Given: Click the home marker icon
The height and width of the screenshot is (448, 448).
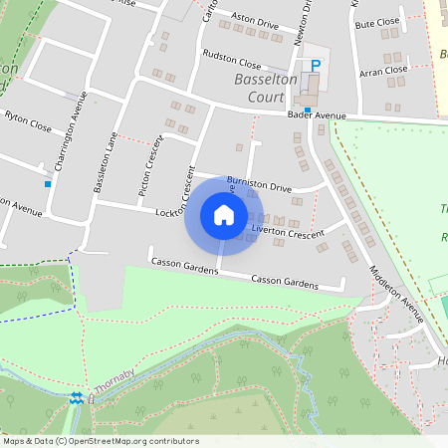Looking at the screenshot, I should (223, 215).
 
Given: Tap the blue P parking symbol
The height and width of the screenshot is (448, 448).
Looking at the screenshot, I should (316, 66).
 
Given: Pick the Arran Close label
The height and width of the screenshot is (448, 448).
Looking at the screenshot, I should (383, 70).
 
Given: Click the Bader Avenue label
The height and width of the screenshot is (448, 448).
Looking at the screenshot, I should (317, 115).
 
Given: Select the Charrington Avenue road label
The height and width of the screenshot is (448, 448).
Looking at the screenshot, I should (70, 130).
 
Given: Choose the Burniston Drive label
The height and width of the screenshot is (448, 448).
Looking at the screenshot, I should (259, 184).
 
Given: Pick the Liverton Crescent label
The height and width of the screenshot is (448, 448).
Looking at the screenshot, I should (289, 232).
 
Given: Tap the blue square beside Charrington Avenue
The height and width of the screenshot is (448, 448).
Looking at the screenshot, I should (47, 182).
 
